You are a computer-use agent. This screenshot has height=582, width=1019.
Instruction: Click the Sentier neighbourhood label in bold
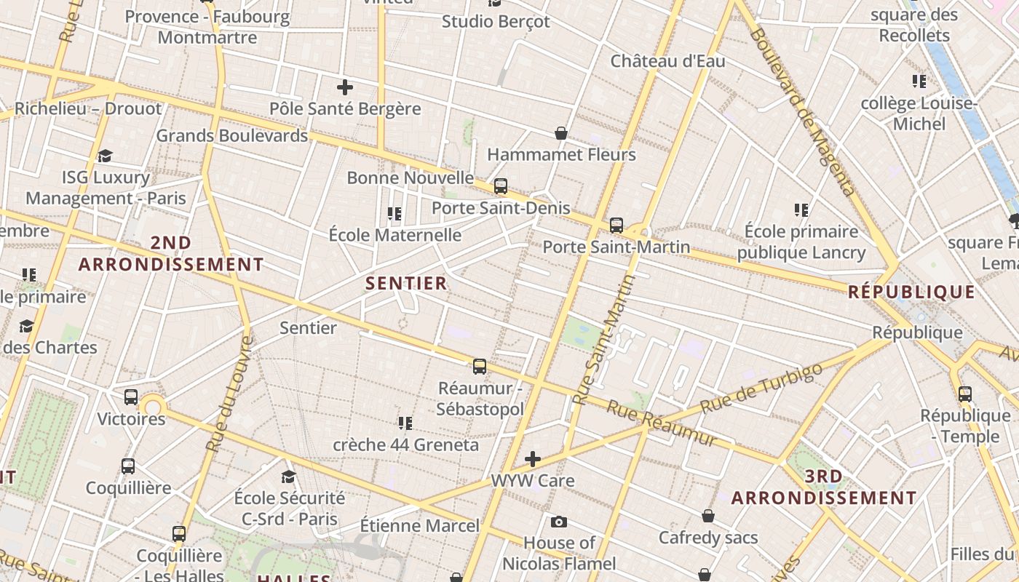[x=406, y=283]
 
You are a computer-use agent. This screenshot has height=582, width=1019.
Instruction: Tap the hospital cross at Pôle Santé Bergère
[x=345, y=88]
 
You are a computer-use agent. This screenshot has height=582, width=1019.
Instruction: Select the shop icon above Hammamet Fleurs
[x=561, y=133]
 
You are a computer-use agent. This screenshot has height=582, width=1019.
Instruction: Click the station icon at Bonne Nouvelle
[x=500, y=186]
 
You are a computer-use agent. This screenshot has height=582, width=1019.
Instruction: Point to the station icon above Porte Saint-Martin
[x=616, y=226]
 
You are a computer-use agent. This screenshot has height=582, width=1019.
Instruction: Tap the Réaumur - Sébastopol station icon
[x=479, y=366]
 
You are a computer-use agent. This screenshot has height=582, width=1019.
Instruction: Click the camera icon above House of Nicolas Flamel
[x=558, y=522]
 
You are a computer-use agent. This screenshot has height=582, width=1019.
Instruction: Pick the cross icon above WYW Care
[x=533, y=459]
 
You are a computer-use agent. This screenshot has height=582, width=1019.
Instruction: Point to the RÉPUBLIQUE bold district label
[x=911, y=292]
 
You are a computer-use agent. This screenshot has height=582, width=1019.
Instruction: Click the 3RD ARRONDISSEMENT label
[x=824, y=487]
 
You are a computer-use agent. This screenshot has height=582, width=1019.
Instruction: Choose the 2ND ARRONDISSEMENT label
[x=171, y=253]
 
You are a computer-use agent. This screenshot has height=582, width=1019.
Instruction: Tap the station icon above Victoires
[x=131, y=397]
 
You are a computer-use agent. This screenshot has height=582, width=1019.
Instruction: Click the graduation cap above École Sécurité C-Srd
[x=288, y=477]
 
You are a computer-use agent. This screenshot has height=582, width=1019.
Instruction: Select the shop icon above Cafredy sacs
[x=707, y=517]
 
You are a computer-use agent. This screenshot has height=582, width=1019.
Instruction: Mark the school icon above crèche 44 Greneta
[x=405, y=423]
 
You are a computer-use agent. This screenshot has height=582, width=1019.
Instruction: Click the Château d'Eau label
[x=667, y=61]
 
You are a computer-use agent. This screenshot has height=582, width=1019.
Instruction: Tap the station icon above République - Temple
[x=965, y=394]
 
